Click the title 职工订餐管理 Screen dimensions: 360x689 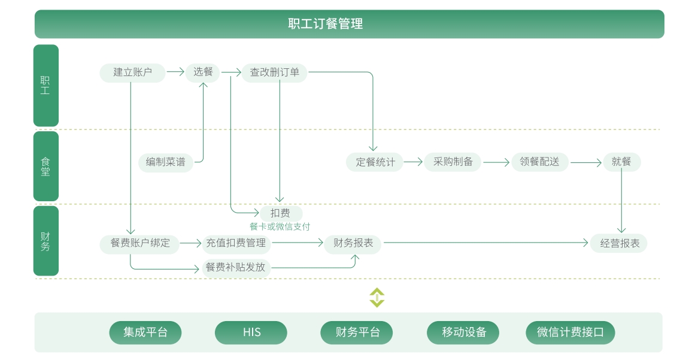325,24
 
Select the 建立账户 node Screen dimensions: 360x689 132,72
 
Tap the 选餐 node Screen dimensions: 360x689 203,72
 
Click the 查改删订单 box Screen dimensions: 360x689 275,72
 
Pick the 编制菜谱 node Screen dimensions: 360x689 166,162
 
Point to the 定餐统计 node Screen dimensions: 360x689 375,162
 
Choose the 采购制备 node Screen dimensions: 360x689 453,162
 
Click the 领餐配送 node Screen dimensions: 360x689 539,162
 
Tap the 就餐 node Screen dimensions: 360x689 621,162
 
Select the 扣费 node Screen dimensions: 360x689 280,213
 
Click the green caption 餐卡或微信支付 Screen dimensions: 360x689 280,226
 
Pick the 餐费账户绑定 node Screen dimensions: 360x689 140,243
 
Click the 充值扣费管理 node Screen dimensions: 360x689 236,243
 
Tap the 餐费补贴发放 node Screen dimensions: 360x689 235,267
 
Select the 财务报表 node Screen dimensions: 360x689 353,243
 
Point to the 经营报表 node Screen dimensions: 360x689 619,243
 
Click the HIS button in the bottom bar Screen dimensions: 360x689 251,332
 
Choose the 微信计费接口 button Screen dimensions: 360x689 570,332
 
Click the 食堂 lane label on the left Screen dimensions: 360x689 45,167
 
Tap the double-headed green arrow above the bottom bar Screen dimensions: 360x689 377,298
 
